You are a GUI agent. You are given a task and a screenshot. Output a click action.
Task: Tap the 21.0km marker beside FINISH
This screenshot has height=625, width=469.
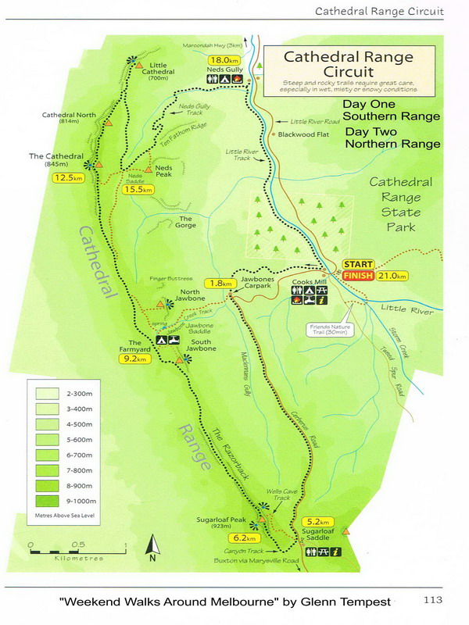coord(392,276)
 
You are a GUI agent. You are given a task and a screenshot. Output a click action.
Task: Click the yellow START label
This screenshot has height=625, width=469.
coord(357,264)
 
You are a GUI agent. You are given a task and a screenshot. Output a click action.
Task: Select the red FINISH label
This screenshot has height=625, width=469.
coord(357,276)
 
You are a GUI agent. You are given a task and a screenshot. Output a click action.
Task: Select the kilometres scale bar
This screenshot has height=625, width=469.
coord(77,552)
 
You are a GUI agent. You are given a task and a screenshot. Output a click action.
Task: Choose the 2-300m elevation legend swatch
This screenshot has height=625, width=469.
coord(51,393)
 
